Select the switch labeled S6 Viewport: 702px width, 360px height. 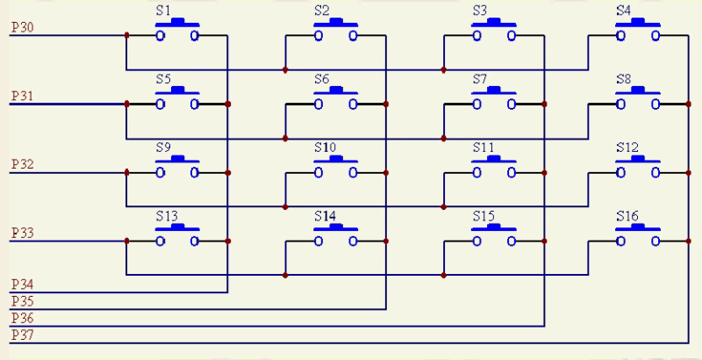[336, 98]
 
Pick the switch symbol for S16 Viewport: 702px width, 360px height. [638, 234]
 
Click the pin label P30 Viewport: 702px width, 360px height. [23, 28]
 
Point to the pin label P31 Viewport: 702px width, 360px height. [23, 96]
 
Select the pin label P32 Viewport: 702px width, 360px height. [23, 164]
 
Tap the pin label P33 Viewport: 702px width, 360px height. [23, 233]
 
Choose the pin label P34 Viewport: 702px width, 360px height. [23, 284]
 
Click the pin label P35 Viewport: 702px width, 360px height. [23, 301]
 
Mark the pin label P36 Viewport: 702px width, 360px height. [23, 318]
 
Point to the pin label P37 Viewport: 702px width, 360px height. [23, 335]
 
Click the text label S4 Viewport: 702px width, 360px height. [623, 11]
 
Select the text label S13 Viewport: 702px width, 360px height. [167, 215]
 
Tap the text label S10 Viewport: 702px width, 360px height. [325, 147]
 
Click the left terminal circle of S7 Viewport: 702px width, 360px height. [477, 104]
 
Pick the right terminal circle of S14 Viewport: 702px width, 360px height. [353, 241]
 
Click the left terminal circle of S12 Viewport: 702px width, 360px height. [620, 172]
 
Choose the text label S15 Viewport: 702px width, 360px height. [484, 215]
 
